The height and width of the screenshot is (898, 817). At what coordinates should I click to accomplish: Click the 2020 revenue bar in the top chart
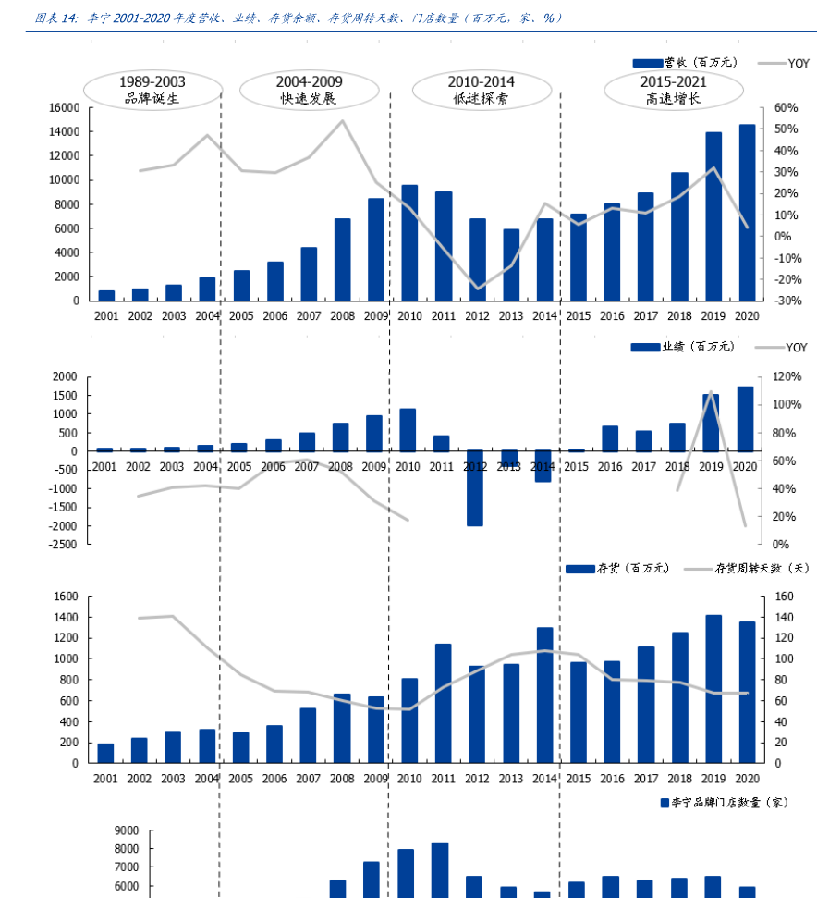(747, 213)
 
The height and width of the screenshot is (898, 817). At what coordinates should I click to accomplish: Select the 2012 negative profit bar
(475, 488)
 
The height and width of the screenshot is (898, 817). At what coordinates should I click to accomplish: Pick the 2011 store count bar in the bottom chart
(440, 869)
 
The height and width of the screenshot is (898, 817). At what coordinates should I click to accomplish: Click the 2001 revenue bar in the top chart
(106, 295)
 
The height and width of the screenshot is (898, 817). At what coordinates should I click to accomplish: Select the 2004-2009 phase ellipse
(309, 90)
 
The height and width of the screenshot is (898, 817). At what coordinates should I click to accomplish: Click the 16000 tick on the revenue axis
(64, 108)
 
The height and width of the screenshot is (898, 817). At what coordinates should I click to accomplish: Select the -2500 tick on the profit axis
(63, 545)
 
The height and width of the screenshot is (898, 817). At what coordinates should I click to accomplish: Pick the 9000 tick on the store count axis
(127, 830)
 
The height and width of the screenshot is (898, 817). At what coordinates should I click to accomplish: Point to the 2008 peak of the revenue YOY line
(342, 121)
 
